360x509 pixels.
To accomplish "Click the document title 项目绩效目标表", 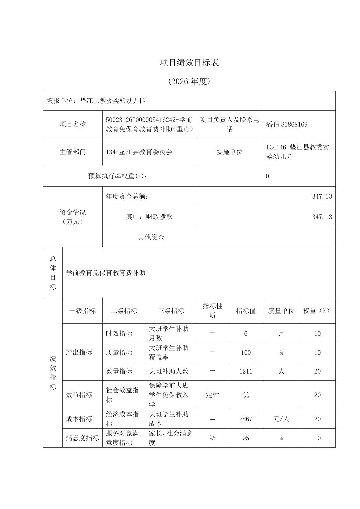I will [x=189, y=63].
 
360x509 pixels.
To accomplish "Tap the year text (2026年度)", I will [x=189, y=81].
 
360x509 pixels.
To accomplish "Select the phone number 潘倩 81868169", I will [x=287, y=124].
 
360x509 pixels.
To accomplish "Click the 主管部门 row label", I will [x=73, y=152].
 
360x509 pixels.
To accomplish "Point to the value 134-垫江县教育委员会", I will [x=139, y=152].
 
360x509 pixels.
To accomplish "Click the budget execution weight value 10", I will [x=266, y=176].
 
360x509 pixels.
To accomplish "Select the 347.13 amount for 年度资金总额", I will [x=322, y=196].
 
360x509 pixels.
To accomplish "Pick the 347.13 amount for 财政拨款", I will [x=322, y=217].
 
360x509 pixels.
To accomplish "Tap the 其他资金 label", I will [x=151, y=237].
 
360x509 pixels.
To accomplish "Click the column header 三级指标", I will [x=171, y=311].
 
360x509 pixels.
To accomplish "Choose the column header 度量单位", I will [x=281, y=311].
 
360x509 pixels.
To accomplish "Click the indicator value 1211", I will [x=246, y=371].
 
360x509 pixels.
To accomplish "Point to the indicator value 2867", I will [x=246, y=419].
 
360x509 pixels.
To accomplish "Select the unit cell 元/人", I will [x=281, y=419].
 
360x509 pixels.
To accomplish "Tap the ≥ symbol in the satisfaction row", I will [x=212, y=438].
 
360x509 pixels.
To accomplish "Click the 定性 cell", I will [x=212, y=395].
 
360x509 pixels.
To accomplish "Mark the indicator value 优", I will [x=246, y=395].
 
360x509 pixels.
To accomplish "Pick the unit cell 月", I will [x=281, y=333].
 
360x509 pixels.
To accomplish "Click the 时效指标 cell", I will [x=119, y=333].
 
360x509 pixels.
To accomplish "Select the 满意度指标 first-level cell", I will [x=82, y=438].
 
